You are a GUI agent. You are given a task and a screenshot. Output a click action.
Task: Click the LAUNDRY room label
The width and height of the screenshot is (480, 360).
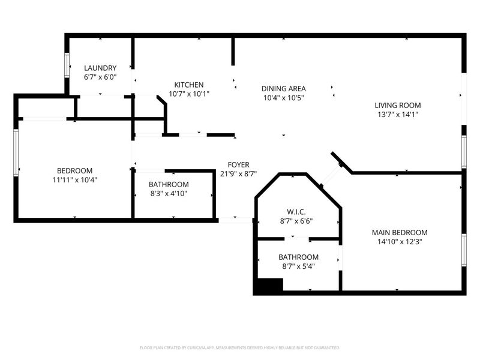[x=100, y=68]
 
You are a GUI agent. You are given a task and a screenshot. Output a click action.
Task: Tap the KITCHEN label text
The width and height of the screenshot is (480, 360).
[x=189, y=85]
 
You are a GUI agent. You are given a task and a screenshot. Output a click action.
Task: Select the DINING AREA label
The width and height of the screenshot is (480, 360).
[x=283, y=89]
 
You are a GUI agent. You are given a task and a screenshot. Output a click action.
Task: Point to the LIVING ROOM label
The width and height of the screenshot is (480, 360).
[x=398, y=105]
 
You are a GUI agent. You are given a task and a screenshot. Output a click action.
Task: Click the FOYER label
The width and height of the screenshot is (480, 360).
[x=238, y=165]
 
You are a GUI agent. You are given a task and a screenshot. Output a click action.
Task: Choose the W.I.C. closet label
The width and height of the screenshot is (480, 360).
[x=296, y=211]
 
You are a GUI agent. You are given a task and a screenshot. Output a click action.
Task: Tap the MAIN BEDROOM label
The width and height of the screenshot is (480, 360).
[x=399, y=233]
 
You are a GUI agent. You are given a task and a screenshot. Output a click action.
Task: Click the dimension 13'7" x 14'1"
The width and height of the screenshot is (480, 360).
[x=398, y=114]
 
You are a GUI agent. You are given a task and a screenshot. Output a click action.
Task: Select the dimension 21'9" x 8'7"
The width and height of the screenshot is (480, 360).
[x=238, y=174]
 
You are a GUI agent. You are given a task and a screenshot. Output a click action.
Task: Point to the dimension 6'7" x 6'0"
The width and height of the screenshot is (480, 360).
[x=100, y=77]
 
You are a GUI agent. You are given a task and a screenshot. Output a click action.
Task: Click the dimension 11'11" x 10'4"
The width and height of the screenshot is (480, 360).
[x=75, y=179]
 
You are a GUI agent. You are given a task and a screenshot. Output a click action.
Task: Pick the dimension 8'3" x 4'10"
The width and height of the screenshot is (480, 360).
[x=169, y=193]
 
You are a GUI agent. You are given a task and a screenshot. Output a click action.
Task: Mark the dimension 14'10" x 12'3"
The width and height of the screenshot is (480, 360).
[x=399, y=242]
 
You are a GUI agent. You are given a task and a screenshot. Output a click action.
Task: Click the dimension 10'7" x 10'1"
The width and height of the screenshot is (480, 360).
[x=189, y=94]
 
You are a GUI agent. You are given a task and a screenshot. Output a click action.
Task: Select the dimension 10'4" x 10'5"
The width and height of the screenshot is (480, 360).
[x=283, y=98]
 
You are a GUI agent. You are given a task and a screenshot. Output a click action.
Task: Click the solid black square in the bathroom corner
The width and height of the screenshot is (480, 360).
[x=268, y=286]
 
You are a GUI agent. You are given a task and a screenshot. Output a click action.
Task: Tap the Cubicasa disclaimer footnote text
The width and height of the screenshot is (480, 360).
[x=240, y=347]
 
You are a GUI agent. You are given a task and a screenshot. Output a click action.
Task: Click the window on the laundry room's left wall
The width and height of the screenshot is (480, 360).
[x=67, y=66]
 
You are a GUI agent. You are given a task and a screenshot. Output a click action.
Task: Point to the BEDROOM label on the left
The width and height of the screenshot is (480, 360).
[x=75, y=170]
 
